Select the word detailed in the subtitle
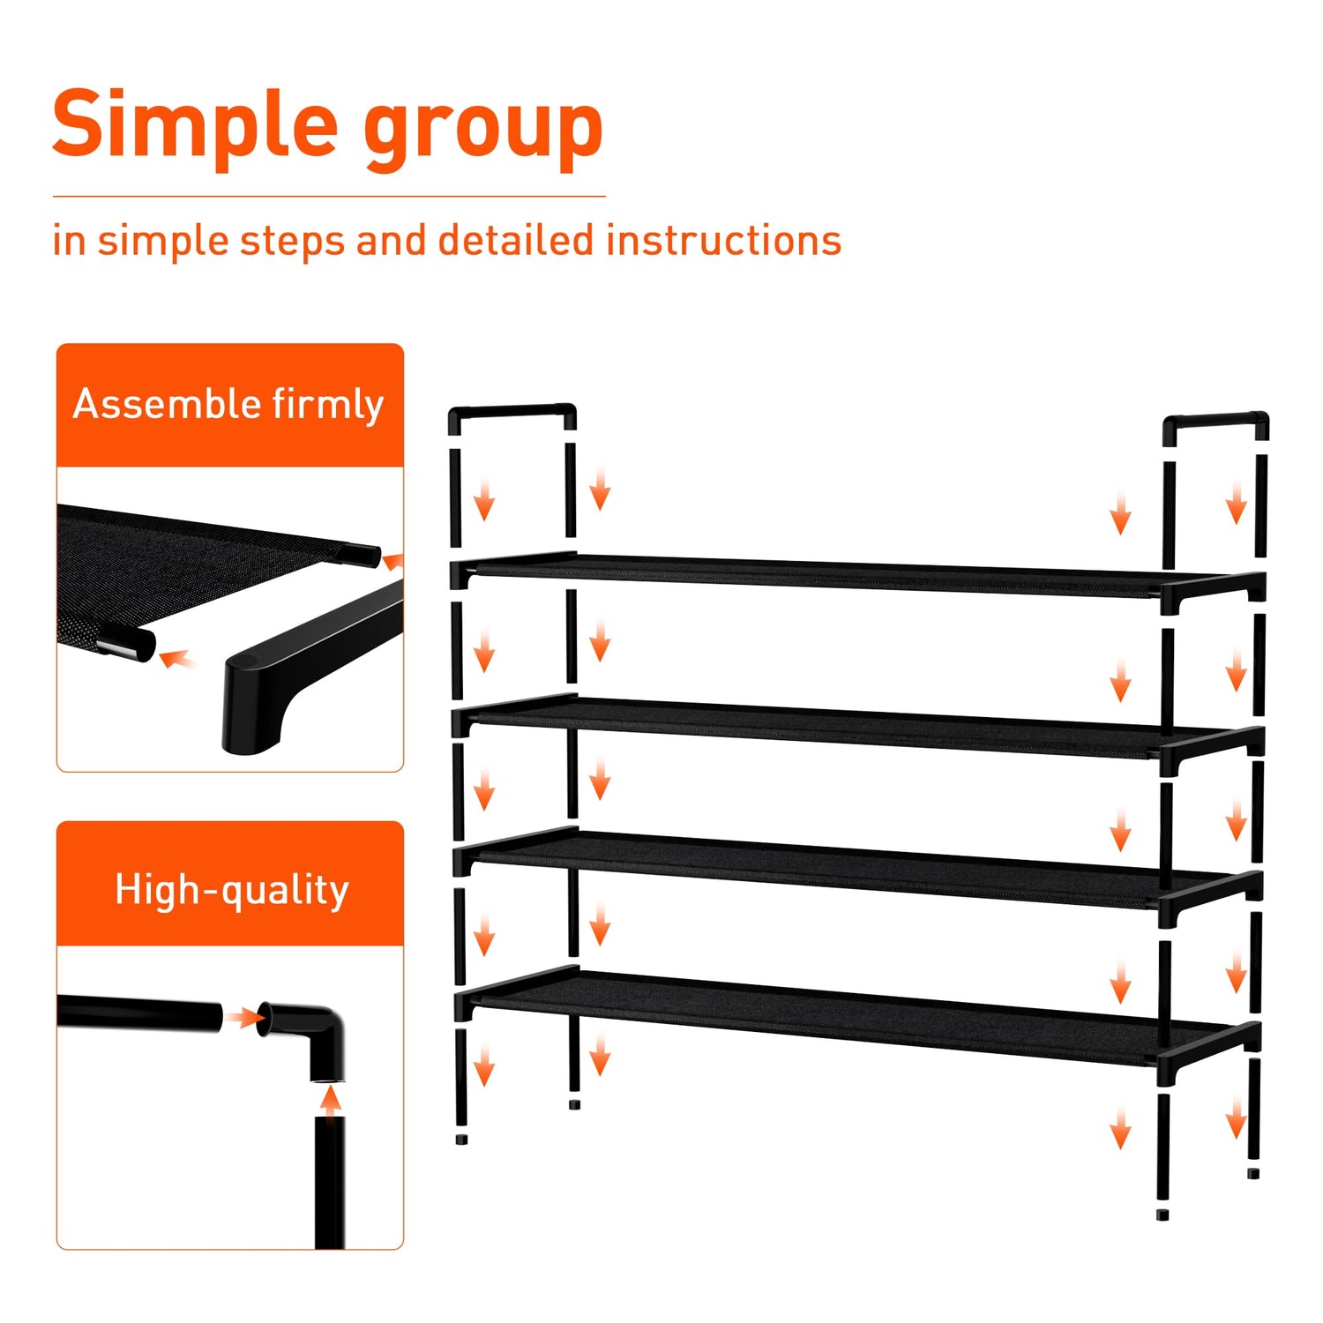516,240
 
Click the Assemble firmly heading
228,406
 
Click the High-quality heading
232,890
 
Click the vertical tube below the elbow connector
330,1182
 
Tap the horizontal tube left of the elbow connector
139,1013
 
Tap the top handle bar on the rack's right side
1215,419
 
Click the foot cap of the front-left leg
461,1140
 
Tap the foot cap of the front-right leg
1162,1215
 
